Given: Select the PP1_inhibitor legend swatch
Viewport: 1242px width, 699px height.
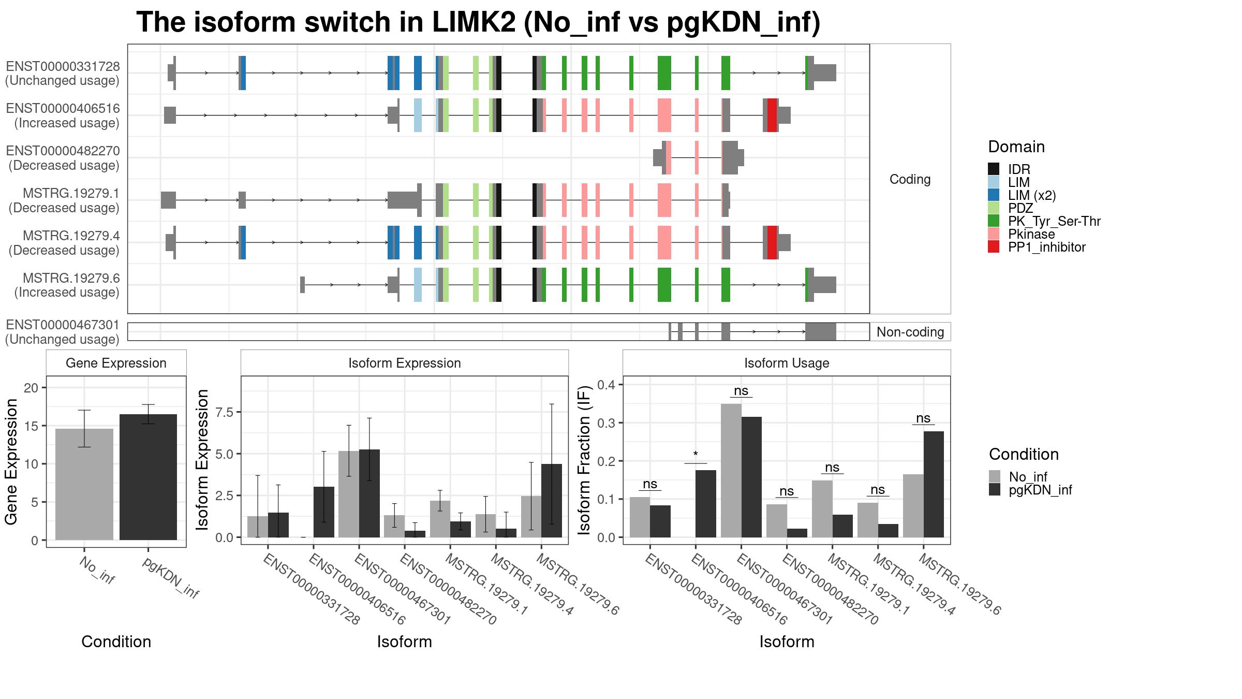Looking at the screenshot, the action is pyautogui.click(x=994, y=247).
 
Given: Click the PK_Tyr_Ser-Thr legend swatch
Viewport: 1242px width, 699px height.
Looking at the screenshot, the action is pyautogui.click(x=994, y=221).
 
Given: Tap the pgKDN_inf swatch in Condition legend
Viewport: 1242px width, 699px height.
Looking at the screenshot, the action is pyautogui.click(x=995, y=490).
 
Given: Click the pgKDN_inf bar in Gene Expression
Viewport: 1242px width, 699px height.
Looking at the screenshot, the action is pyautogui.click(x=148, y=477).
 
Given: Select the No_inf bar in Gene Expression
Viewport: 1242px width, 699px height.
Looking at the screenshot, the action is pyautogui.click(x=84, y=484).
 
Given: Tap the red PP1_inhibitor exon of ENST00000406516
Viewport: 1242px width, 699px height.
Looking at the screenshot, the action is pyautogui.click(x=772, y=115).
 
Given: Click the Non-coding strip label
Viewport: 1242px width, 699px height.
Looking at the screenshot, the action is pyautogui.click(x=910, y=332).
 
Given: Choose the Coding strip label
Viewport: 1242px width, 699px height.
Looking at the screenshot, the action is pyautogui.click(x=910, y=179).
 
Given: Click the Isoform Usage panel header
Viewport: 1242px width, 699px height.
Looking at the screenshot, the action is pyautogui.click(x=787, y=363).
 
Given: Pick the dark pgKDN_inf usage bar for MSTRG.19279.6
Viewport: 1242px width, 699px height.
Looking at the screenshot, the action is pyautogui.click(x=934, y=484).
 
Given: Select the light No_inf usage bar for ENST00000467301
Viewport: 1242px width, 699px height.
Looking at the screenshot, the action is pyautogui.click(x=731, y=470).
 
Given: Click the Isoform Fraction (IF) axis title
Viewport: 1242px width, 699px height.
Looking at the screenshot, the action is pyautogui.click(x=584, y=460).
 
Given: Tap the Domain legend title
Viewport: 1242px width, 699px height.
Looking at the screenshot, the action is pyautogui.click(x=1016, y=147).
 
